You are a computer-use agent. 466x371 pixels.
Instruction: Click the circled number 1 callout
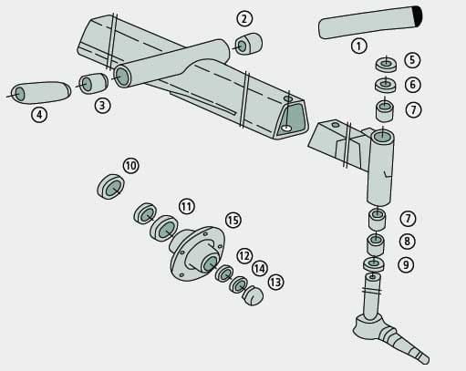click(x=359, y=46)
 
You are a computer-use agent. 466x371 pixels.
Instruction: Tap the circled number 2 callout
click(x=244, y=18)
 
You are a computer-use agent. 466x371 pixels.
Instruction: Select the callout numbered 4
click(x=39, y=115)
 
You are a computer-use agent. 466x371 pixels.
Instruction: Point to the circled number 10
click(x=131, y=166)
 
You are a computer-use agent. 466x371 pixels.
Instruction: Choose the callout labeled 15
click(x=233, y=220)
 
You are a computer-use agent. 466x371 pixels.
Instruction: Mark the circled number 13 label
click(x=275, y=283)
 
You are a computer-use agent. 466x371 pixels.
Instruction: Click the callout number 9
click(x=406, y=264)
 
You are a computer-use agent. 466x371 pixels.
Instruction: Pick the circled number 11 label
click(x=187, y=207)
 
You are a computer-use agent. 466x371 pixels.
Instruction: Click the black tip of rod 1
click(x=418, y=16)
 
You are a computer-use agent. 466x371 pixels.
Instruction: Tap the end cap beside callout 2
click(x=248, y=44)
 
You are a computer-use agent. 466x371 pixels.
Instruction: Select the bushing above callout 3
click(x=93, y=83)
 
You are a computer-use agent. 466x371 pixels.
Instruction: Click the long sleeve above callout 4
click(x=41, y=92)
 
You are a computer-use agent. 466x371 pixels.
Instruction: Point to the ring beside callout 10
click(x=110, y=186)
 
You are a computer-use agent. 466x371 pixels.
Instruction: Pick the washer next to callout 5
click(x=386, y=65)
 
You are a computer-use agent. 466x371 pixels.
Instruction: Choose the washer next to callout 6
click(x=386, y=85)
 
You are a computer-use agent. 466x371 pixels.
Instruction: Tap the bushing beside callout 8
click(x=376, y=244)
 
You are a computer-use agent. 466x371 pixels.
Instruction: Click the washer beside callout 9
click(x=374, y=263)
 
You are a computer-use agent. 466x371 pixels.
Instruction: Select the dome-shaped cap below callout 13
click(x=254, y=295)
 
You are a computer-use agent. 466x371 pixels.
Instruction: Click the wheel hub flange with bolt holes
click(x=198, y=253)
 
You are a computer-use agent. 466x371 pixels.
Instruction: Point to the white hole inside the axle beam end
click(x=286, y=128)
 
